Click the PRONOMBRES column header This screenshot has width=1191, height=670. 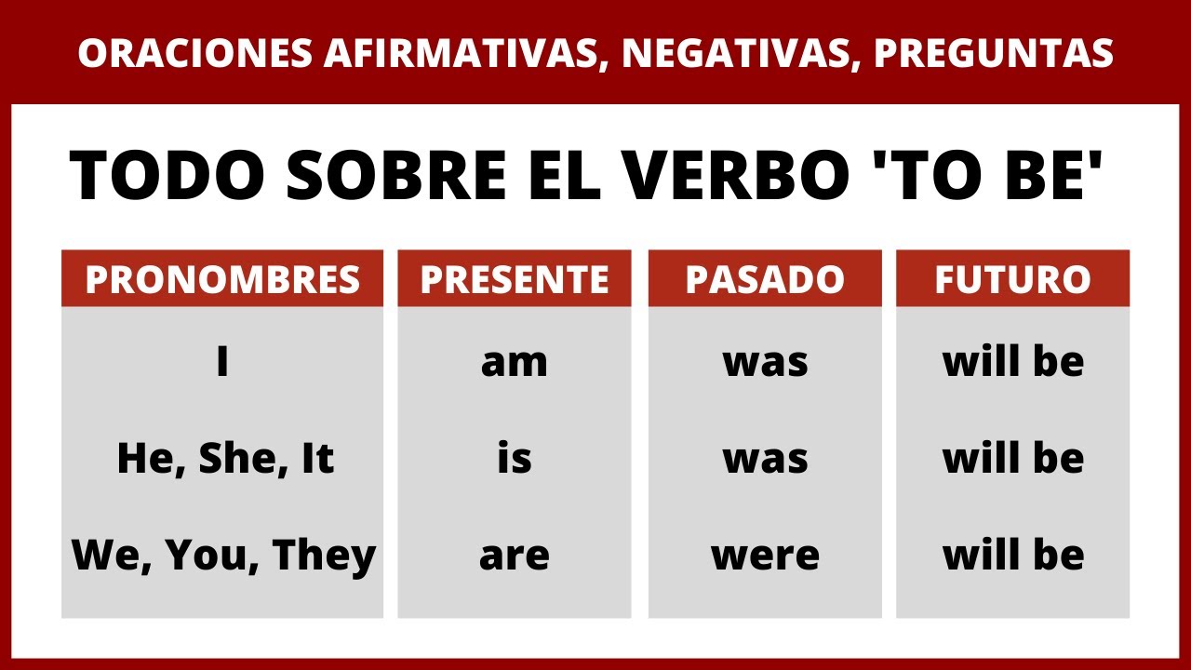(222, 279)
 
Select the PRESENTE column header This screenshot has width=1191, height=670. (515, 279)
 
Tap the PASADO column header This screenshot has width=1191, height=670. (765, 279)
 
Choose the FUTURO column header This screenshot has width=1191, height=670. (1012, 279)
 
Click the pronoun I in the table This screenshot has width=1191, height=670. (222, 363)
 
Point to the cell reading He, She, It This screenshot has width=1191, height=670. (224, 459)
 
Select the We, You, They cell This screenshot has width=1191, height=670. (224, 556)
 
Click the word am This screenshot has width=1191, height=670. (515, 363)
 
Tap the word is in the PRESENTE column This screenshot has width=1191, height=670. (515, 459)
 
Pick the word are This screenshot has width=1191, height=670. (515, 556)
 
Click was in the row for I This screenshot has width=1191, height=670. (765, 363)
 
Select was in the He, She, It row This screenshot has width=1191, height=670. (765, 459)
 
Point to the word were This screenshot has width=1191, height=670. (765, 556)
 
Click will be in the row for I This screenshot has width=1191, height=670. (1013, 363)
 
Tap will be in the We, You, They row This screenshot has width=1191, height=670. (1013, 556)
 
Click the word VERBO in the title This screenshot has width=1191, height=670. (760, 176)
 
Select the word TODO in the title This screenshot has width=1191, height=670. (169, 176)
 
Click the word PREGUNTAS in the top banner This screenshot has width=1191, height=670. (994, 54)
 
